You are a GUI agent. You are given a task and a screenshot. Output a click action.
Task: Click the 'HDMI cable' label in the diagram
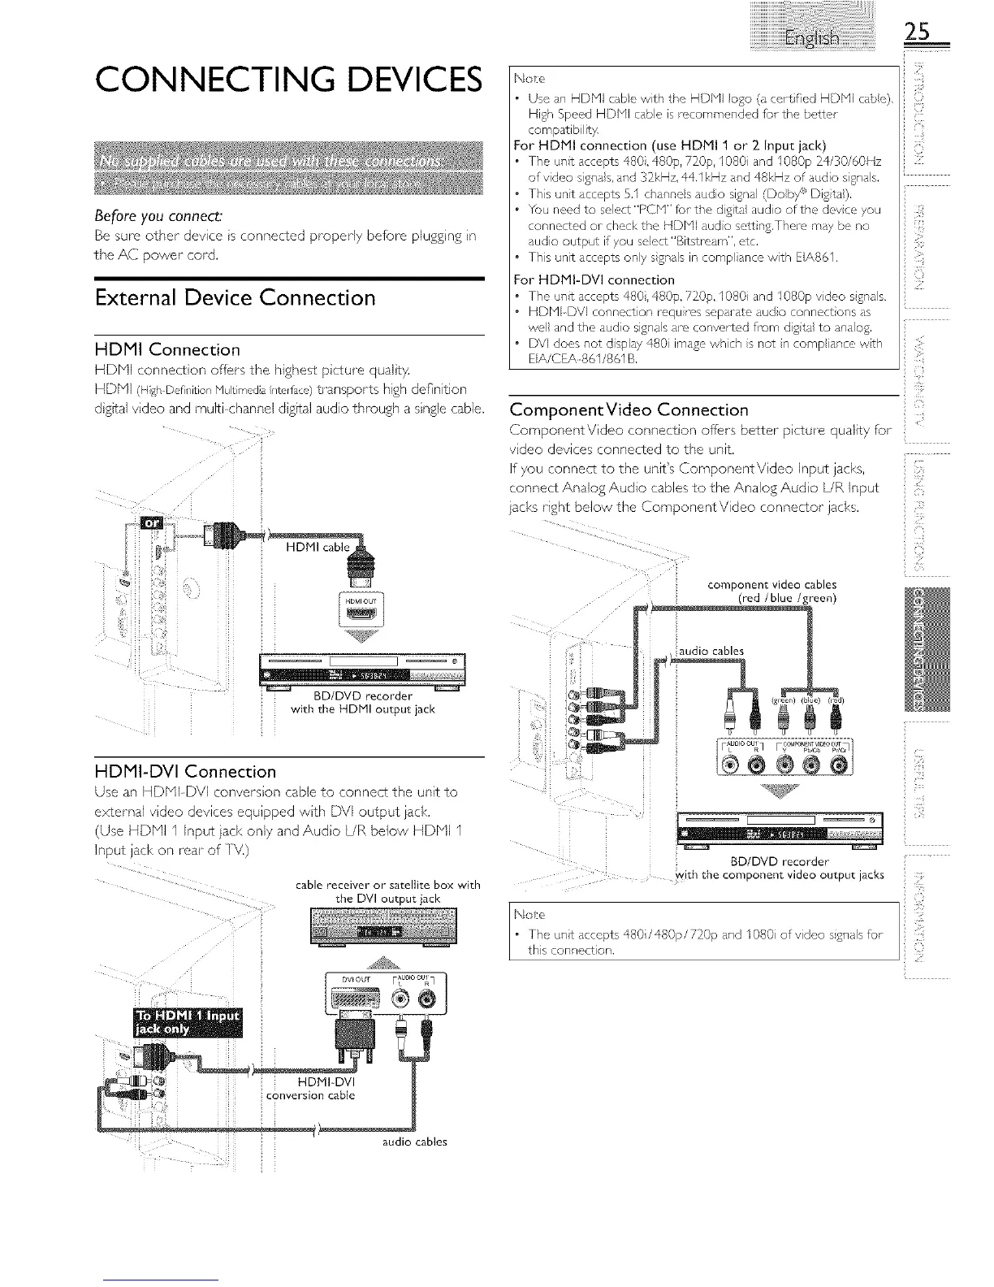point(324,547)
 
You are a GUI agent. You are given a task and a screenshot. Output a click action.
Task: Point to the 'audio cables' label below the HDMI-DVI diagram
point(414,1142)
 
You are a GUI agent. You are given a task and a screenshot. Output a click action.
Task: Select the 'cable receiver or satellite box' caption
point(389,891)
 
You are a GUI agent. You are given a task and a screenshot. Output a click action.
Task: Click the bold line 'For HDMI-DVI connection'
point(594,279)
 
